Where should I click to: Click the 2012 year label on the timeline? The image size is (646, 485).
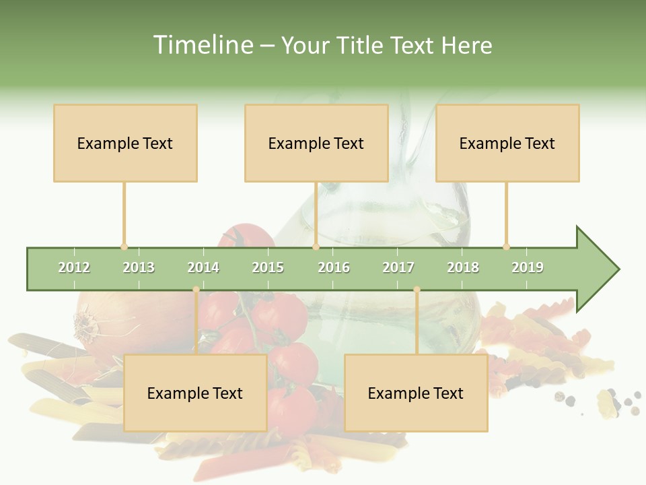74,267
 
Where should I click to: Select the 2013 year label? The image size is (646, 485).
139,267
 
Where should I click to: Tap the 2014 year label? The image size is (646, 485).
203,267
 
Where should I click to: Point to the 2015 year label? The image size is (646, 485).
268,267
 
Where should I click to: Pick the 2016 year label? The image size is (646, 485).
334,267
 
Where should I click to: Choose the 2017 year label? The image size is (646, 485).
398,267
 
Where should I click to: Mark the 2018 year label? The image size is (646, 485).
463,267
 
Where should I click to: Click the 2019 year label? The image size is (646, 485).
528,267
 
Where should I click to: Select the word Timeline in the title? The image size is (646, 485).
202,45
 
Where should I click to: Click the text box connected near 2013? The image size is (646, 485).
125,143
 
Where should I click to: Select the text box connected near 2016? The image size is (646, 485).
316,143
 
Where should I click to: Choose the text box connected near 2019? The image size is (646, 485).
507,143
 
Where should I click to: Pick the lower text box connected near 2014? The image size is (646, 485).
195,393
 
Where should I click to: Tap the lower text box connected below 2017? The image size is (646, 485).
416,393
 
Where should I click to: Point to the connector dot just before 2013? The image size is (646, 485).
124,247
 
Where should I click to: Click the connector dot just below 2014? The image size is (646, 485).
196,290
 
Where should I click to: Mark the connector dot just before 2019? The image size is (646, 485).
506,247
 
